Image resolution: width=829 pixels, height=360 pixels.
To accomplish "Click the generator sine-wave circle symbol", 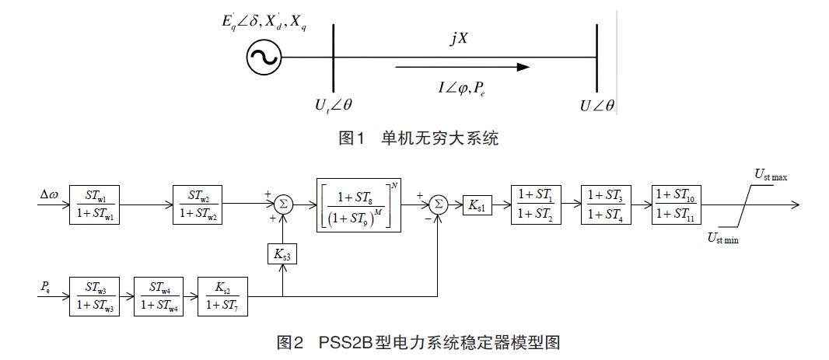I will tap(264, 57).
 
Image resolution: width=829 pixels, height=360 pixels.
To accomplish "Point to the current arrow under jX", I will tap(463, 68).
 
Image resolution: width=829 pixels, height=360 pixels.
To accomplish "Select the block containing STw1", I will tap(96, 204).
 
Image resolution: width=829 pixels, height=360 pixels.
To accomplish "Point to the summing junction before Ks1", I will tap(439, 204).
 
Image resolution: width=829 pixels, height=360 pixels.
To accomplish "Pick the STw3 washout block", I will tap(96, 295).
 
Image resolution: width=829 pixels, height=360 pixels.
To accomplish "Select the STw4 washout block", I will tap(161, 295).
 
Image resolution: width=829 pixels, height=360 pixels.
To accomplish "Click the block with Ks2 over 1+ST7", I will tap(222, 295).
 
